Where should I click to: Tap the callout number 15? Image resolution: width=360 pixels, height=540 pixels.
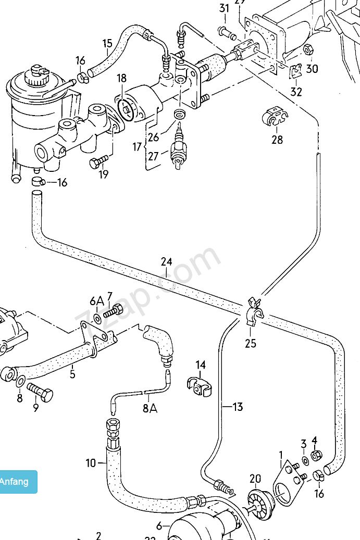107,43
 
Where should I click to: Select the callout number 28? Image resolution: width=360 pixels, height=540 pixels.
277,140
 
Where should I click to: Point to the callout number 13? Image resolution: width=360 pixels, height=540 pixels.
238,407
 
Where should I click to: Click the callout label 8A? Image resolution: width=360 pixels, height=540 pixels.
150,408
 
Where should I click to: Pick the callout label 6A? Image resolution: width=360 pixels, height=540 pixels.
96,301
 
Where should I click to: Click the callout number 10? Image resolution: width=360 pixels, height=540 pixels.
91,462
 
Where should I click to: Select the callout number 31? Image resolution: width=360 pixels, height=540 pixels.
224,8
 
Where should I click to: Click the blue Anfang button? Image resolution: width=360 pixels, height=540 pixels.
16,482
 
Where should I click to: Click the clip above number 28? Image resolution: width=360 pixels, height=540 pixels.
273,117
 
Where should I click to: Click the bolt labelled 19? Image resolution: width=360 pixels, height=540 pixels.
99,162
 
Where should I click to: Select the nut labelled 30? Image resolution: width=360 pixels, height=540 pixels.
308,51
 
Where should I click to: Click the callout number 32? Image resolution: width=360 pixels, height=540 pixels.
296,92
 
